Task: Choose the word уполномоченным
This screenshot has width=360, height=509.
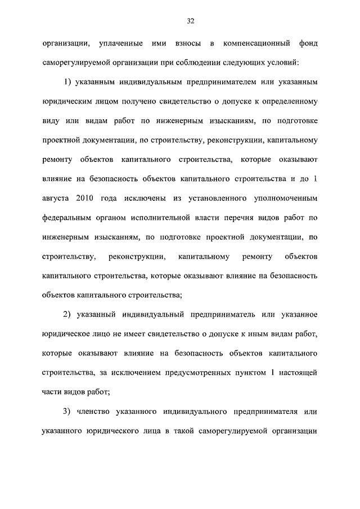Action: [x=287, y=199]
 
